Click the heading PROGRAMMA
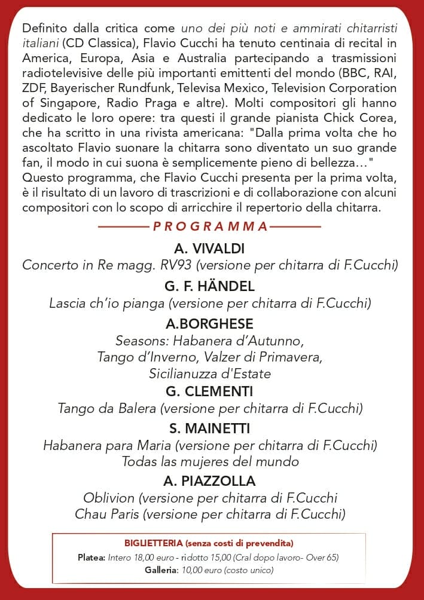211,226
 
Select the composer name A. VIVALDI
209,249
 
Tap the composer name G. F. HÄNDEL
209,286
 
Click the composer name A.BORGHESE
209,324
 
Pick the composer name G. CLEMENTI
209,391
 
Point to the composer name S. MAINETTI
209,428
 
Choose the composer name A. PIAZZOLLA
209,481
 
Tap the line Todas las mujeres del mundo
210,461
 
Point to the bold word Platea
91,558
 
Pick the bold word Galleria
161,570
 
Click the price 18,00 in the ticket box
150,558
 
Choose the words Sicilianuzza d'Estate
210,374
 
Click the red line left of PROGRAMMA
122,227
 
